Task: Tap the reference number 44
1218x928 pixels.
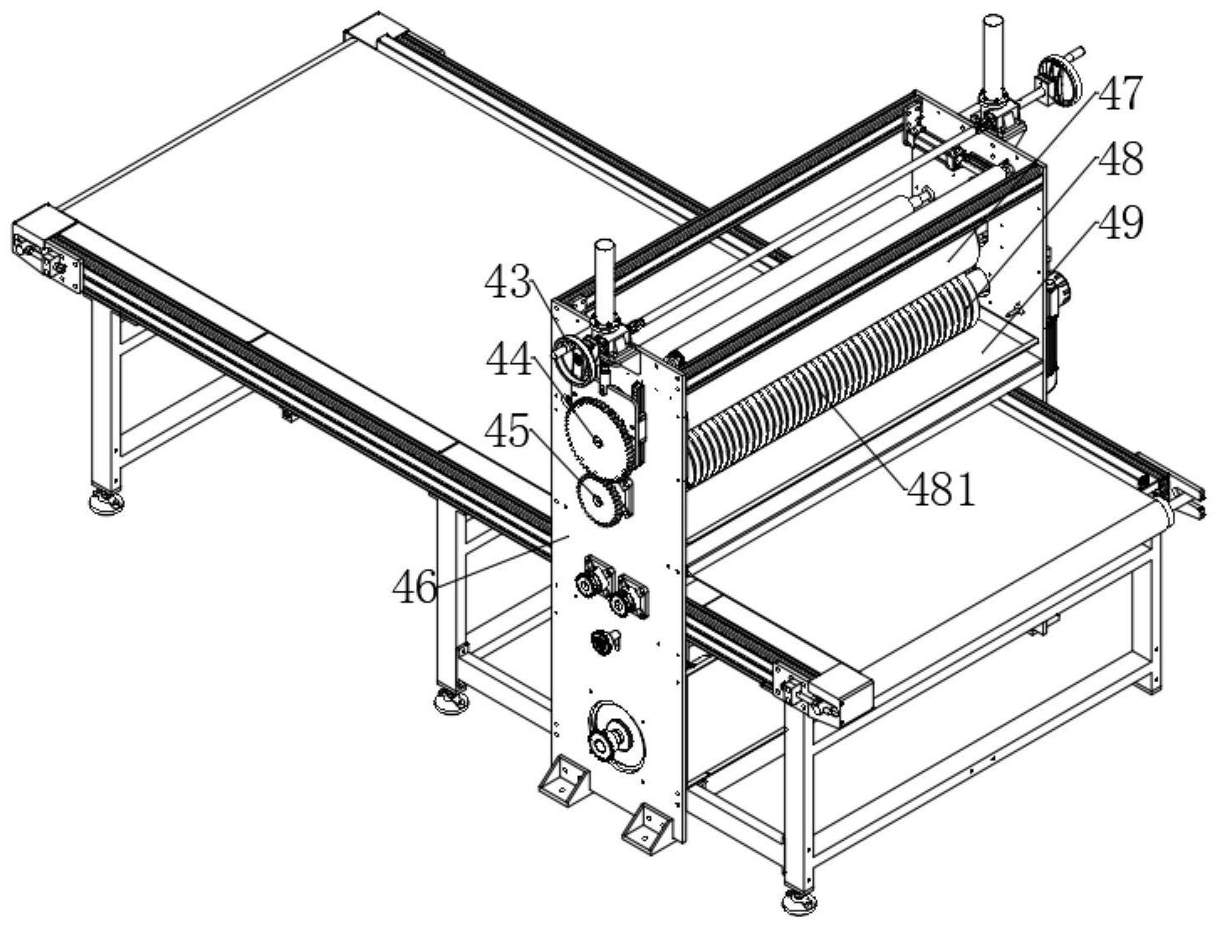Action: point(509,359)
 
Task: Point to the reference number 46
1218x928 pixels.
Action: point(414,587)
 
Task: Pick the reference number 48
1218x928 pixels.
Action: point(1120,159)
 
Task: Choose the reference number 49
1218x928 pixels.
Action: point(1120,223)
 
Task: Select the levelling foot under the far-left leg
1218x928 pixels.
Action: point(107,501)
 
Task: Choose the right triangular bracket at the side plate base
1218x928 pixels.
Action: point(648,829)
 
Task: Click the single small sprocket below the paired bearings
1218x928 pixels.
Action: point(601,643)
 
